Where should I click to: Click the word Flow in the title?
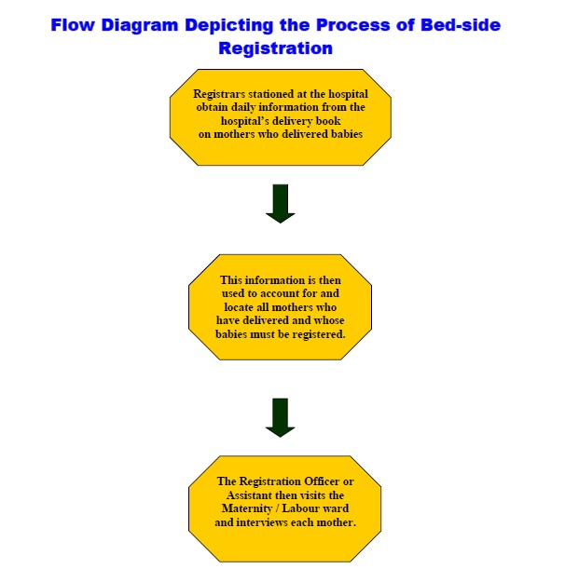73,25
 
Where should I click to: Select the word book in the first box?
322,120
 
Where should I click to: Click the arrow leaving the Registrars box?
280,203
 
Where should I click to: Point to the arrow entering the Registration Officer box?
280,417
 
